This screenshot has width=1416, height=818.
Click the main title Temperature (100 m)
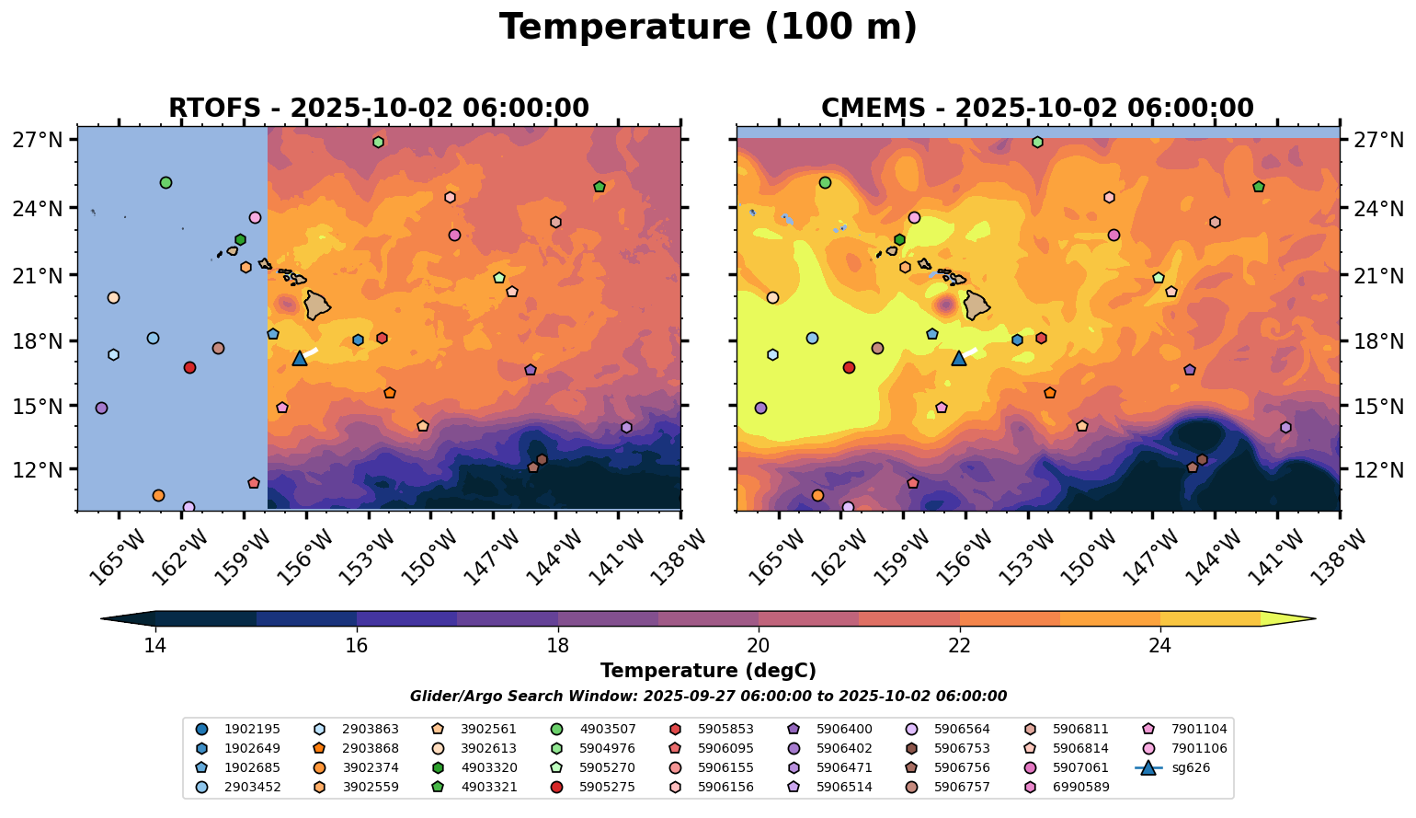point(708,28)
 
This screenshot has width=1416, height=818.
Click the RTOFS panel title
point(379,109)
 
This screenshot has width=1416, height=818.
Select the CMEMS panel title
point(1037,109)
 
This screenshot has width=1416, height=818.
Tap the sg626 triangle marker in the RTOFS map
point(300,358)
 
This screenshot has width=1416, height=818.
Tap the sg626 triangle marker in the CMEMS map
point(959,358)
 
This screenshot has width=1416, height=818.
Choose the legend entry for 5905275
point(607,788)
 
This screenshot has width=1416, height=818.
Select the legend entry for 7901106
point(1194,748)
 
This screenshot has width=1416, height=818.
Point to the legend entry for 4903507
point(607,729)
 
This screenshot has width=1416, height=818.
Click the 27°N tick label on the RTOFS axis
point(38,140)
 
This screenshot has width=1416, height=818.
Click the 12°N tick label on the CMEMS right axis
point(1379,469)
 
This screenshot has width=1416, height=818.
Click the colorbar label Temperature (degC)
point(708,672)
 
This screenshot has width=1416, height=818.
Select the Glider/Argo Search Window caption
point(708,697)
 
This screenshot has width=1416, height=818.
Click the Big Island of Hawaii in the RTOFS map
point(317,305)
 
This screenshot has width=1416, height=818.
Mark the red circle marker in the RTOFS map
point(189,367)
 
